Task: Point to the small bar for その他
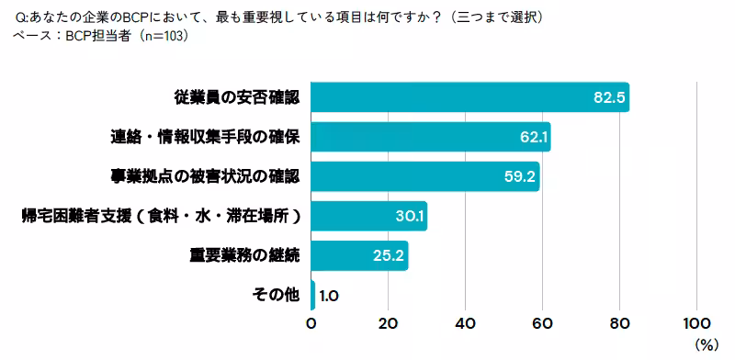[313, 295]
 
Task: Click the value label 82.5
[608, 97]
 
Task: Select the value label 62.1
[533, 138]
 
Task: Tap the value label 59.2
[520, 176]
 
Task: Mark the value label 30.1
[408, 217]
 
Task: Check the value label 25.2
[389, 255]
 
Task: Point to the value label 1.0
[330, 295]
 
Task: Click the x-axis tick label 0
[311, 323]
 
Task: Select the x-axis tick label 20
[388, 323]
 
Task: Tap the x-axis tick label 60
[542, 323]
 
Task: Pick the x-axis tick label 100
[696, 323]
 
